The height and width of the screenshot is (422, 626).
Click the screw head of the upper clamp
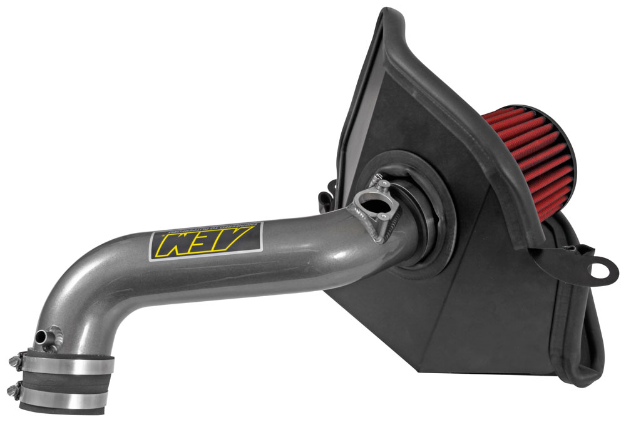(x=13, y=360)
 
